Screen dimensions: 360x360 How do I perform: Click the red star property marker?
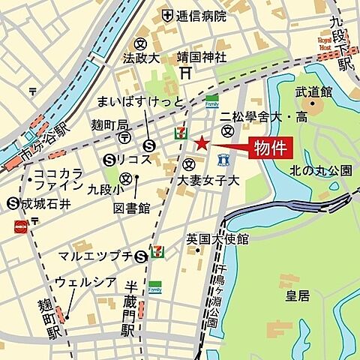[200, 142]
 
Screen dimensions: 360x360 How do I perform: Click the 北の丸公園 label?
[320, 170]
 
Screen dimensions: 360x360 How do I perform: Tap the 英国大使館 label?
[217, 238]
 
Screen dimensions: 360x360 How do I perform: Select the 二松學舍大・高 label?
[253, 116]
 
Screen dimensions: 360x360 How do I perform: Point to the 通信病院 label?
[201, 15]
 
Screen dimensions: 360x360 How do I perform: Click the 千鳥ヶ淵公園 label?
[215, 296]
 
